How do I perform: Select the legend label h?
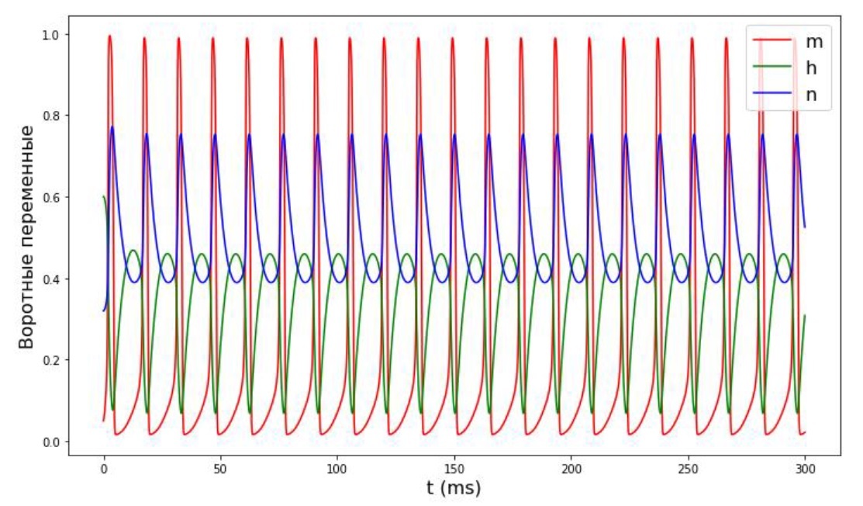tap(812, 68)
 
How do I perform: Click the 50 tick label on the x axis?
tap(220, 470)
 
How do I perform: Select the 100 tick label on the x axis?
tap(337, 470)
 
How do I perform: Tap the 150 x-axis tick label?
tap(454, 470)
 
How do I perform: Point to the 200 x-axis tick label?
tap(571, 470)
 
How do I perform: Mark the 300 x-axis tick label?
tap(805, 470)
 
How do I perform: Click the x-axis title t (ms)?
tap(454, 489)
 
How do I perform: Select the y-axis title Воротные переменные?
tap(26, 236)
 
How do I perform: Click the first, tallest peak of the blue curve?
tap(112, 127)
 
